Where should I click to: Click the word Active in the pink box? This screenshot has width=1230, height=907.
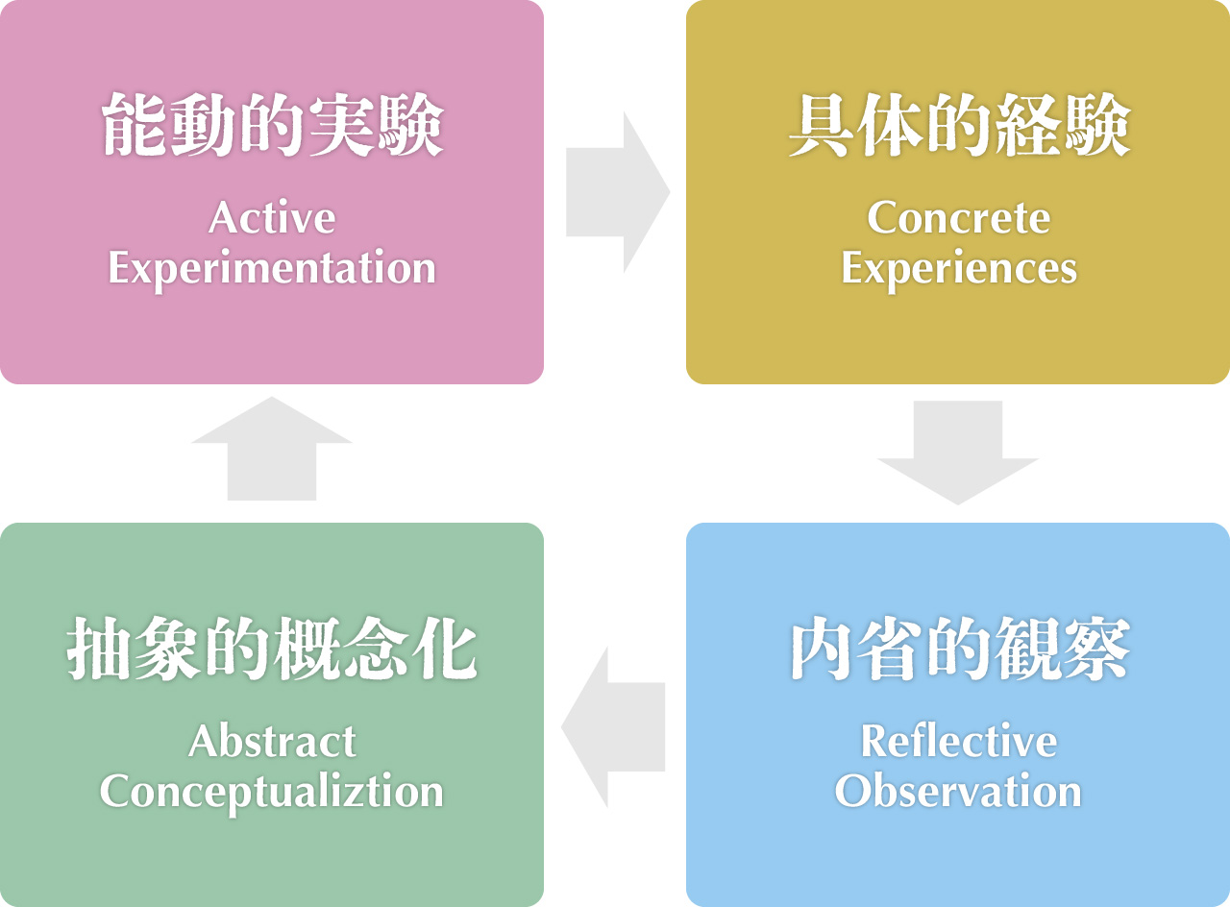[272, 217]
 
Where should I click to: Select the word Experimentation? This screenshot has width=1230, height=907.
[272, 269]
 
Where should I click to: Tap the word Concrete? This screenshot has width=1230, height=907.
[959, 217]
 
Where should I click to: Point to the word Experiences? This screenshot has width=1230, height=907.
[959, 269]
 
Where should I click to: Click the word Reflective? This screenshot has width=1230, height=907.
[959, 741]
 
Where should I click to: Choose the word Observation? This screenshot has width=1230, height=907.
[958, 791]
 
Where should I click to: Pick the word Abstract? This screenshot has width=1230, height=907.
[272, 742]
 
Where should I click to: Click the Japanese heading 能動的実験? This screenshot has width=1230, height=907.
[272, 125]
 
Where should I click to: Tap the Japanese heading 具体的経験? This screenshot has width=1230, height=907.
[959, 125]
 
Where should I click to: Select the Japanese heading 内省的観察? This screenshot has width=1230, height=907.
[959, 649]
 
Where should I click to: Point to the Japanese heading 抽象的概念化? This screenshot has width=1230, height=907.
[272, 649]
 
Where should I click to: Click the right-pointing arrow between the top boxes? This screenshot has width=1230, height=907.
[618, 192]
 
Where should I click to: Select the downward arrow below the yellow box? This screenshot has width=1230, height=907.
[958, 453]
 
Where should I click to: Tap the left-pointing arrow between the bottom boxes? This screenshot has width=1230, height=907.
[613, 727]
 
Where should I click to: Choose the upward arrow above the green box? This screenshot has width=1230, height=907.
[272, 449]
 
